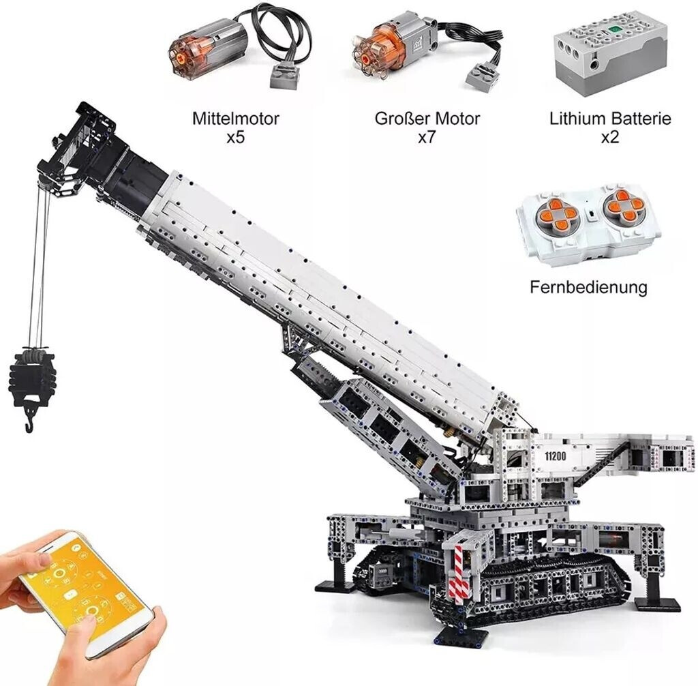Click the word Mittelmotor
coord(235,119)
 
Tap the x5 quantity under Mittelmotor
coord(235,137)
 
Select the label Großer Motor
coord(427,119)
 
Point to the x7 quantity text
coord(426,137)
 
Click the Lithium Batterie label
coord(610,119)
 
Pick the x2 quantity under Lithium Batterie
coord(610,137)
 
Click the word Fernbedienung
coord(588,287)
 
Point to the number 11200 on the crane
coord(555,456)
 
